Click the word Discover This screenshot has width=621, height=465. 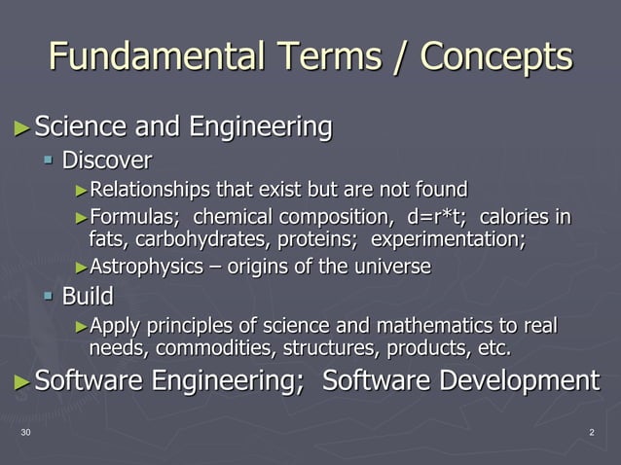point(107,159)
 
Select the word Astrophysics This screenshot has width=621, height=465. point(141,267)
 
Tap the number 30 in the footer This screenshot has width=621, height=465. point(25,432)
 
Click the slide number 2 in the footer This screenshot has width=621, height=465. point(592,432)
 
